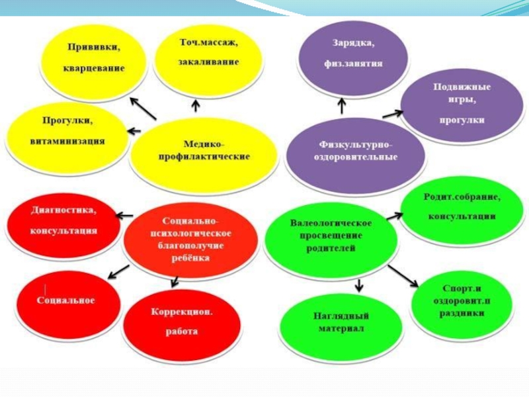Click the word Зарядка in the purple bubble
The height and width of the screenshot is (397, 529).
[352, 44]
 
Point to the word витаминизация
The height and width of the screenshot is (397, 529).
[67, 141]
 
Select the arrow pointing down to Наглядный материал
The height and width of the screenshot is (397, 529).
[359, 285]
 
